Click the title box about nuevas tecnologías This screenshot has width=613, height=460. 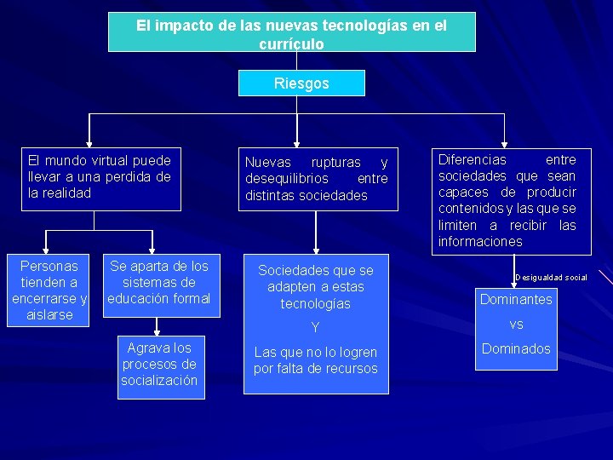tap(291, 32)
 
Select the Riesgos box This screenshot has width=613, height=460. tap(301, 83)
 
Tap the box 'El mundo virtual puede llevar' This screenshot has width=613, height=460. tap(101, 177)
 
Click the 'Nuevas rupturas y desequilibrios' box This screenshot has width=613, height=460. tap(316, 179)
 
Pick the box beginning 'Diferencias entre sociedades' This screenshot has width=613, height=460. tap(507, 200)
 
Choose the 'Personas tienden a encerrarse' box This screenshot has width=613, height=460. tap(49, 290)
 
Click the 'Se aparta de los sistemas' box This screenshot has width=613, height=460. tap(159, 283)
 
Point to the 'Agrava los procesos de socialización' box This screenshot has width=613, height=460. tap(159, 364)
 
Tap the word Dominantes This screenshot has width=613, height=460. tap(516, 299)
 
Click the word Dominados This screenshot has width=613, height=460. tap(516, 348)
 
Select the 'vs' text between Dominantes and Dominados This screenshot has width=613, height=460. tap(516, 325)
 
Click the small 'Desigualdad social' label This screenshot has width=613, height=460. tap(551, 278)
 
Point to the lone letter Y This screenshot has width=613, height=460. tap(315, 328)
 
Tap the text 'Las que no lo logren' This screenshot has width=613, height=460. tap(315, 352)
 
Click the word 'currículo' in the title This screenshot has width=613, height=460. tap(291, 44)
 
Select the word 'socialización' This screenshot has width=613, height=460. tap(159, 380)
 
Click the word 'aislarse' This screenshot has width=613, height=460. tap(49, 315)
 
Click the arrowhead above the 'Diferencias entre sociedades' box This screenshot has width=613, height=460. tap(505, 143)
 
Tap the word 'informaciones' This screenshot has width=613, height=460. tap(480, 242)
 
